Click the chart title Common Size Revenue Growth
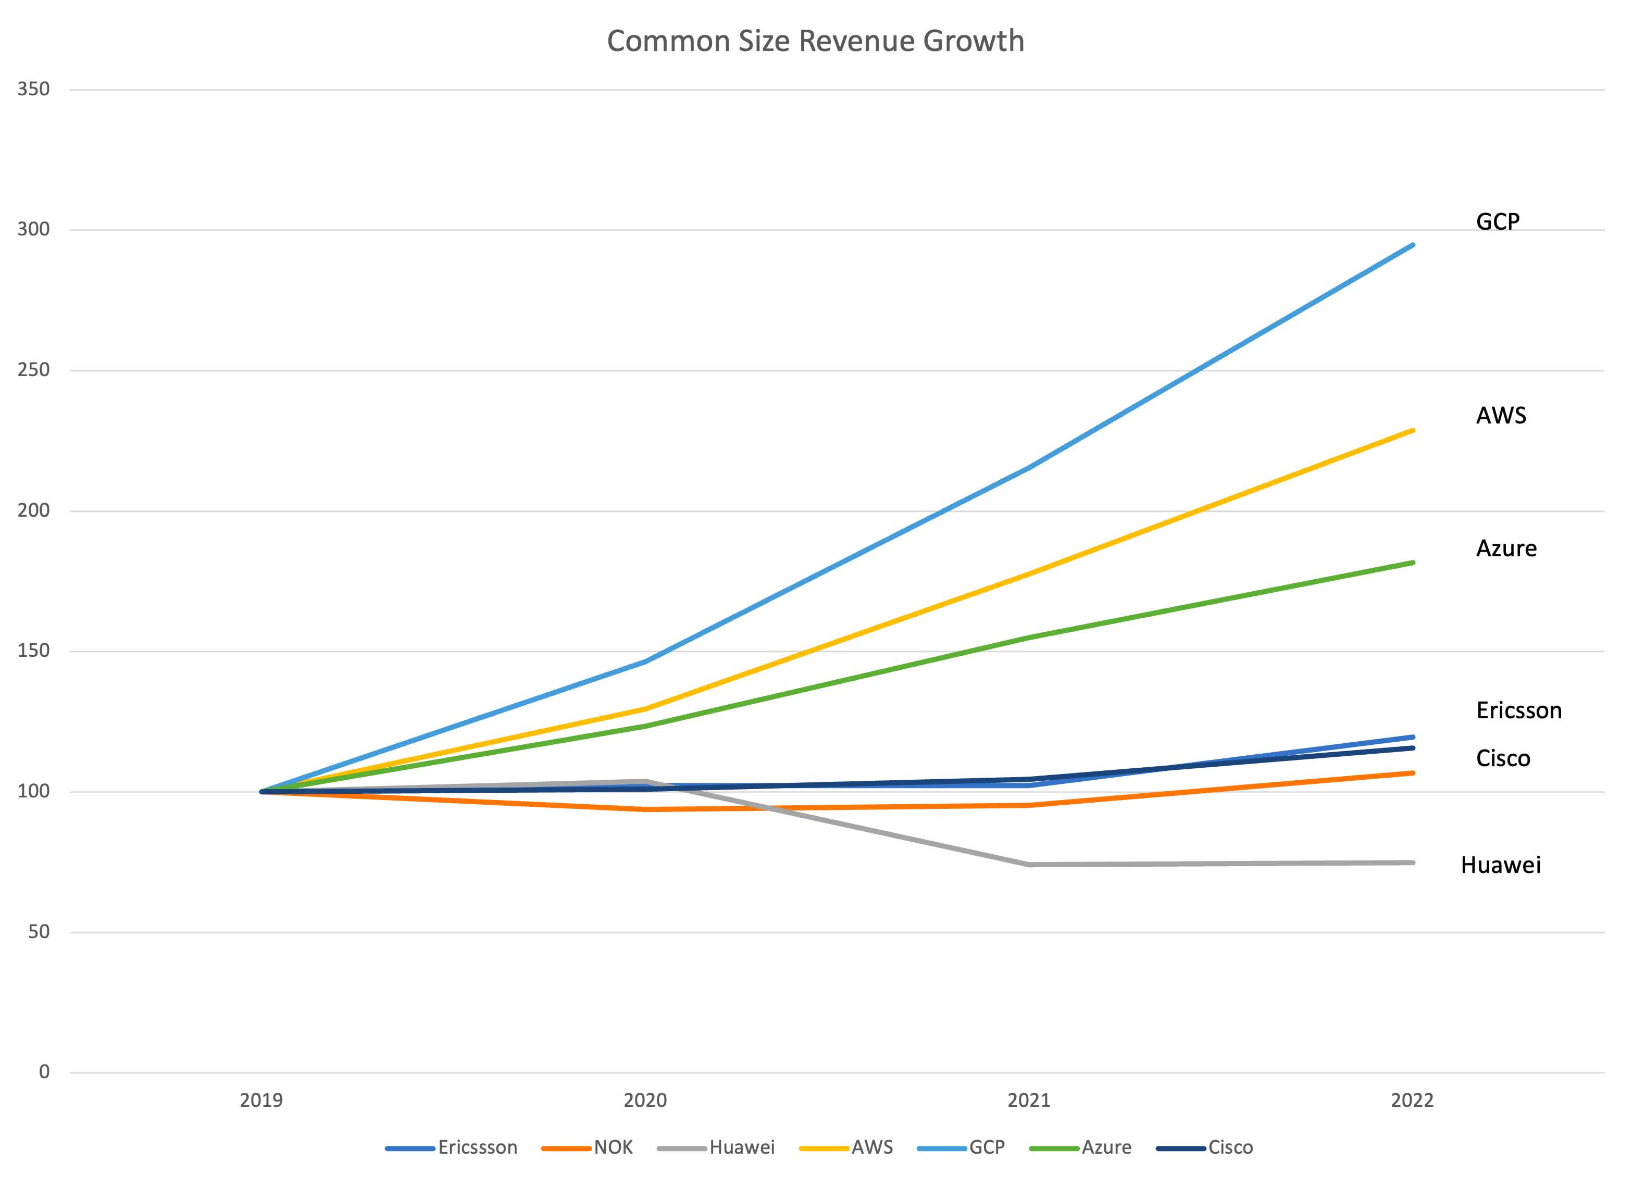(815, 41)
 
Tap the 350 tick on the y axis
(33, 89)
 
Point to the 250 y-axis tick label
(33, 370)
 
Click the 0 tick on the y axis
(44, 1071)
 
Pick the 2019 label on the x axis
(261, 1100)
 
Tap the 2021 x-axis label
(1029, 1100)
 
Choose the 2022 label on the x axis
(1412, 1100)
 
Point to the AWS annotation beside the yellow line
(1501, 416)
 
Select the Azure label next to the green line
(1506, 548)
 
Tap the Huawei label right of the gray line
(1501, 865)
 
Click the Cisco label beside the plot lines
(1503, 758)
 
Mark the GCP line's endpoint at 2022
(1413, 245)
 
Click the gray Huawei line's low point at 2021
(1030, 864)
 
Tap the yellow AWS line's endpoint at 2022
(1413, 431)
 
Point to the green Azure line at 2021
(1030, 638)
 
